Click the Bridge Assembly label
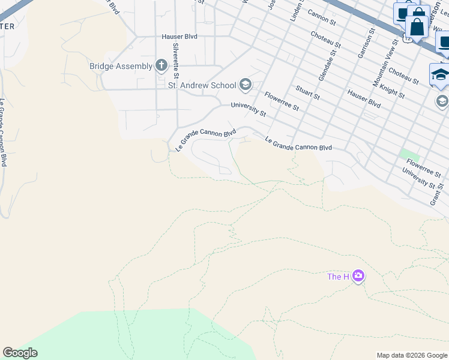120,66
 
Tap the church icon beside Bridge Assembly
161,65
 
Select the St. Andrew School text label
202,85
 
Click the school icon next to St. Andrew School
245,85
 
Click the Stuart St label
307,92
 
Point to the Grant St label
435,196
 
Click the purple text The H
338,277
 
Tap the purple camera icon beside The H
358,276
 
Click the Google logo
20,353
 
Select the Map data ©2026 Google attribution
412,355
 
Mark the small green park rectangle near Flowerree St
410,154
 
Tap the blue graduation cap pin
440,74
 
